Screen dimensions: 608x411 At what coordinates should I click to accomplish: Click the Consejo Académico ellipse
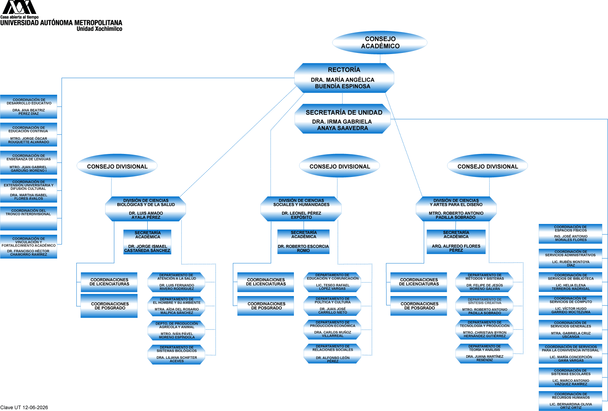click(x=380, y=42)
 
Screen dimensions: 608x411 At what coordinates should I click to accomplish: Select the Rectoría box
click(x=344, y=78)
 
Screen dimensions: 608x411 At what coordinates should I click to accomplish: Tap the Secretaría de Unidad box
click(x=343, y=119)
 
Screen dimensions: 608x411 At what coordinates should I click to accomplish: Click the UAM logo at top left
click(x=20, y=7)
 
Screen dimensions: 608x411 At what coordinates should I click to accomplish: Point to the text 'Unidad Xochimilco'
click(x=100, y=29)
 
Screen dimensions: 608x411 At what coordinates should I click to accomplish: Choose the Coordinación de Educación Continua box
click(x=29, y=134)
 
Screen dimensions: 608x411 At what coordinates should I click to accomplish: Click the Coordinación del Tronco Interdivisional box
click(x=29, y=218)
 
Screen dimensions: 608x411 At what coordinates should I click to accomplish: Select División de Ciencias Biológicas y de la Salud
click(x=146, y=209)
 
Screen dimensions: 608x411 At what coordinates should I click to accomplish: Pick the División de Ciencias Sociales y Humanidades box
click(x=301, y=209)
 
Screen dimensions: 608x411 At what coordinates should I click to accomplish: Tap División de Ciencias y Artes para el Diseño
click(x=456, y=209)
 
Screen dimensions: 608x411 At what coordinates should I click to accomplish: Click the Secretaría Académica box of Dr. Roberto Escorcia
click(x=303, y=242)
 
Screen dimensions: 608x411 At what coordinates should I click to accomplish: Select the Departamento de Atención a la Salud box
click(x=177, y=282)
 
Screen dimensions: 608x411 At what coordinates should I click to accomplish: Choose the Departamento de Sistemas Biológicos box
click(x=177, y=355)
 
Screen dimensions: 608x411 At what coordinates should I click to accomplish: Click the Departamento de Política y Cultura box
click(x=333, y=306)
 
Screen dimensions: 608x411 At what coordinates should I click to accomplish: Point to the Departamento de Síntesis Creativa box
click(x=485, y=306)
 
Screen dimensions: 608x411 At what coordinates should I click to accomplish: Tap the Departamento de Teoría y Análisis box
click(x=485, y=354)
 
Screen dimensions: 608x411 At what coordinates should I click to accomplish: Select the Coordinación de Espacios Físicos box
click(x=570, y=234)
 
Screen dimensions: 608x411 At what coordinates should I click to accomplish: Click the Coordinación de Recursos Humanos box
click(x=570, y=401)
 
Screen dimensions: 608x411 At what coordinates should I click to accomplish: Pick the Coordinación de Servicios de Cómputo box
click(x=570, y=305)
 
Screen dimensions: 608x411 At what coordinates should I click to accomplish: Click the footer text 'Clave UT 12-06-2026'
click(x=24, y=408)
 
